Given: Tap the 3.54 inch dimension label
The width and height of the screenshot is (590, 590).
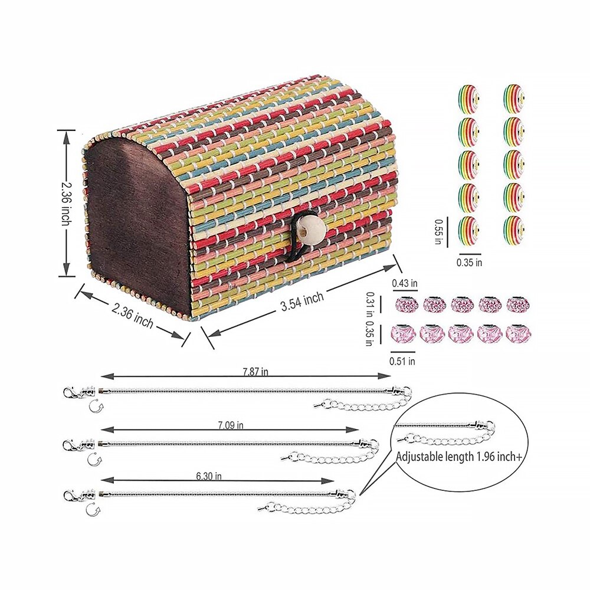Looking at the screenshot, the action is coord(302,301).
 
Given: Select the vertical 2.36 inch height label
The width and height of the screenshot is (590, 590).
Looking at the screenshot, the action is coord(67,203).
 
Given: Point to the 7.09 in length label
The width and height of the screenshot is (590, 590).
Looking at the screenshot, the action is coord(231,425).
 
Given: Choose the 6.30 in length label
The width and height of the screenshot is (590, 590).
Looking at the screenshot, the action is coord(209,476).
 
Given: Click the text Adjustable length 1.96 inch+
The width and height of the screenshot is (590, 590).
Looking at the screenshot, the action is coord(459,457).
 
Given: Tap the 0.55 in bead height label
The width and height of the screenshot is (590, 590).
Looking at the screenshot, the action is coord(438,232).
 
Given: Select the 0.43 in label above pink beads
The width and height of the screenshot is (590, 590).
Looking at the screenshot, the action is coord(405,283).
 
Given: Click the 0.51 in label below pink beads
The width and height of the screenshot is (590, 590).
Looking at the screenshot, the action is coord(402,361).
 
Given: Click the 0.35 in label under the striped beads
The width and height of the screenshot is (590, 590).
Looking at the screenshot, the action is coord(469,263).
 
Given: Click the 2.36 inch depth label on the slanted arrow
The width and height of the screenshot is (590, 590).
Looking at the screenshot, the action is coord(132,316).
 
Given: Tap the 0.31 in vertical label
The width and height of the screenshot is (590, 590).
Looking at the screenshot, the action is coord(370,304).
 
